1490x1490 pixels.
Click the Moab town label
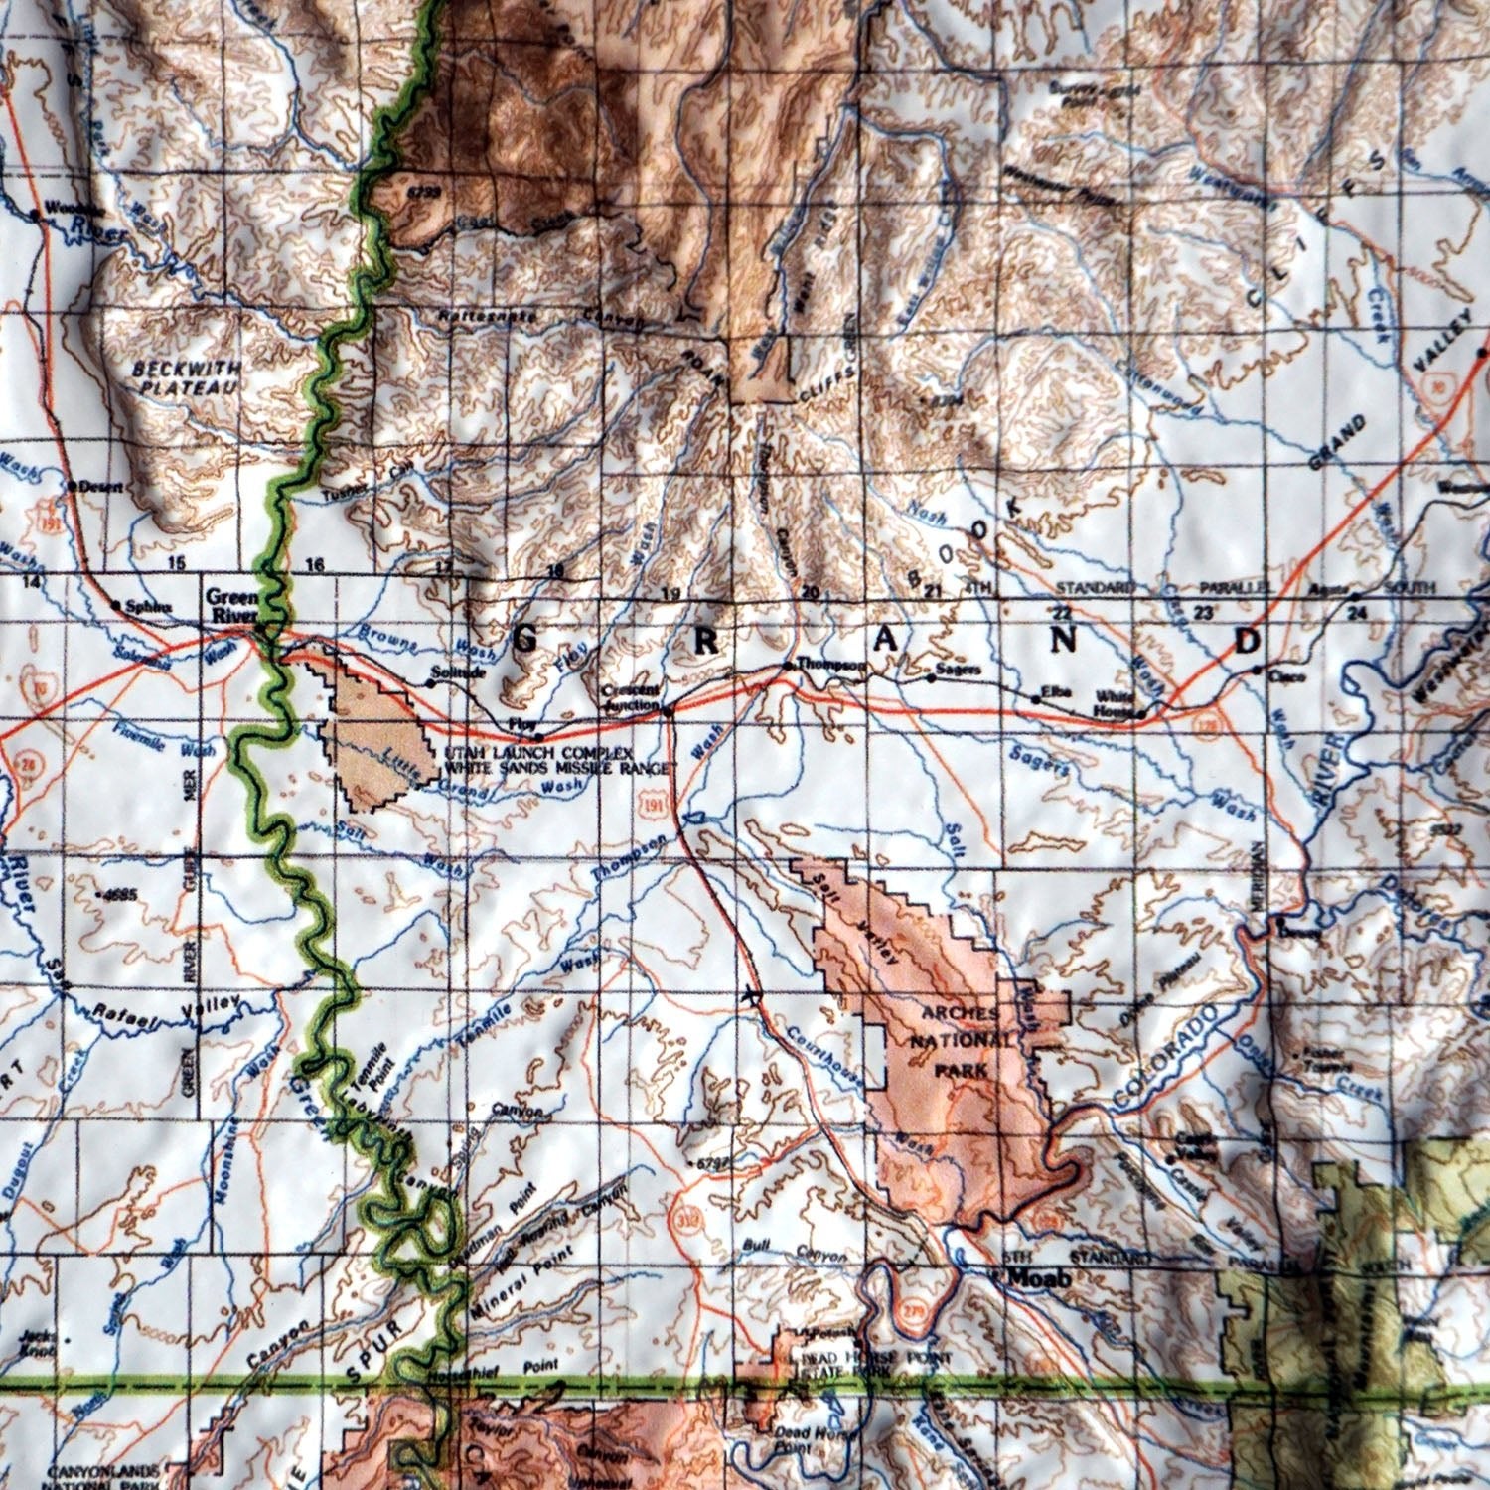click(x=1039, y=1279)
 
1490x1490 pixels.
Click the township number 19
click(x=672, y=594)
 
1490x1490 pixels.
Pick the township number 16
click(x=315, y=565)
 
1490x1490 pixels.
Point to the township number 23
click(x=1205, y=612)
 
